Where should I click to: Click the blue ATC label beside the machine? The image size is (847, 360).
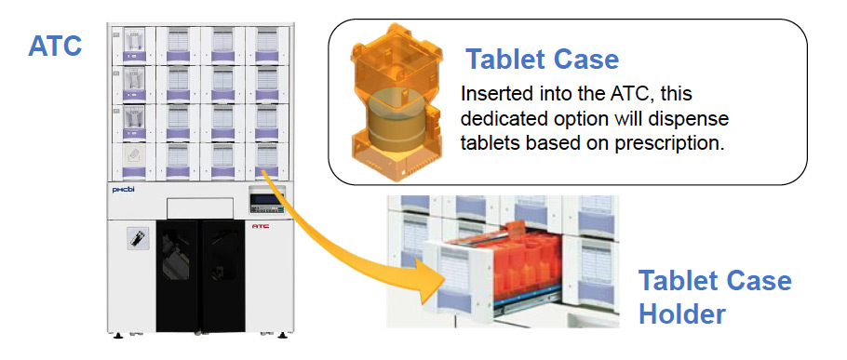(x=54, y=45)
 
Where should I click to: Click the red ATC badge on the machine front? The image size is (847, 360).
(x=261, y=224)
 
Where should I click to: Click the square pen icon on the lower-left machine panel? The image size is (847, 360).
(x=133, y=237)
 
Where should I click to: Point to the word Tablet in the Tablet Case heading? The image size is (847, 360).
(x=510, y=60)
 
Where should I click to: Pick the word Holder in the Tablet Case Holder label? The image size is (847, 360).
(x=681, y=313)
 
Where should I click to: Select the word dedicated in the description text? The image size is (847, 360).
(x=504, y=121)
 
